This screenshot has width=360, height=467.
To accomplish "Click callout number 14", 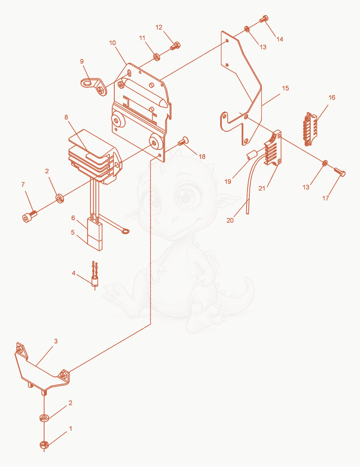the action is click(x=279, y=39).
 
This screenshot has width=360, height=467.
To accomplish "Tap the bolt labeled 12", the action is click(x=175, y=46).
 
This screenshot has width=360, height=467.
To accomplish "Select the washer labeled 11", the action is click(x=157, y=56).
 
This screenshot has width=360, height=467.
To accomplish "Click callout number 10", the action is click(x=112, y=43).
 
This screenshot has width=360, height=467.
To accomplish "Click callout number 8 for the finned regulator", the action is click(x=66, y=118).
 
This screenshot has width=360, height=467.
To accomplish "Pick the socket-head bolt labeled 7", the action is click(x=29, y=217).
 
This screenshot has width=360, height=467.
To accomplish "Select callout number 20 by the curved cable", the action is click(x=230, y=220).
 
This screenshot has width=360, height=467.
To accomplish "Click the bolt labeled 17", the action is click(x=339, y=172).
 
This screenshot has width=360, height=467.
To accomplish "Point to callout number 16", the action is click(x=332, y=97).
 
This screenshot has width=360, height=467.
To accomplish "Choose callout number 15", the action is click(x=285, y=88).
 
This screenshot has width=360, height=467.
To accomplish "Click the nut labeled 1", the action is click(x=44, y=444).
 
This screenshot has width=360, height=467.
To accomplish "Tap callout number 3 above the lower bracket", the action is click(x=56, y=341).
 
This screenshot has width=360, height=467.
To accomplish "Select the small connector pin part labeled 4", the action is click(x=95, y=276).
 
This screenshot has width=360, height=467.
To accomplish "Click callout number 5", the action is click(x=72, y=232).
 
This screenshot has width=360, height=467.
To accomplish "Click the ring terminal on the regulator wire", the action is click(x=125, y=230).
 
